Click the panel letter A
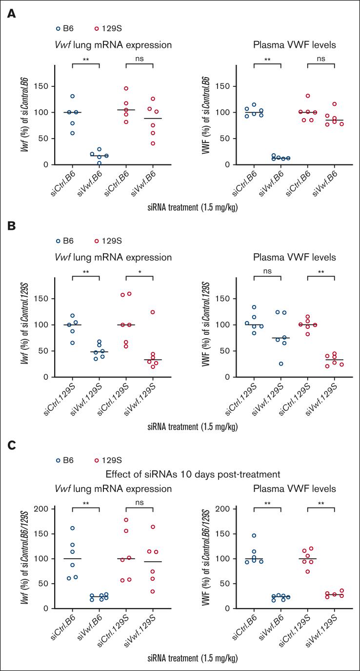point(11,15)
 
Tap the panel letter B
point(11,228)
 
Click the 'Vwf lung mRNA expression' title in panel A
point(112,46)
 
